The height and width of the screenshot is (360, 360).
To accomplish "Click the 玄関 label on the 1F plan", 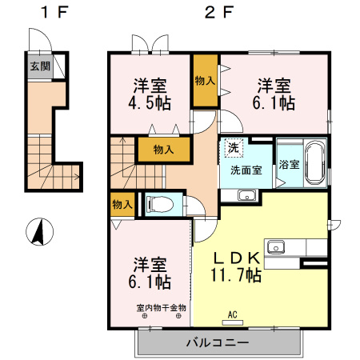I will pyautogui.click(x=38, y=67).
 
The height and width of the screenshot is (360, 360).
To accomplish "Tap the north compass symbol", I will pyautogui.click(x=37, y=233).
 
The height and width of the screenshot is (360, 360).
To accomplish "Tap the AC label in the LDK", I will pyautogui.click(x=234, y=314).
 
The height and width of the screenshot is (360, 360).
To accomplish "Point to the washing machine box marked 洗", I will pyautogui.click(x=234, y=147).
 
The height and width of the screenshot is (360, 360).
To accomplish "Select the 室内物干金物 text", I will pyautogui.click(x=161, y=307).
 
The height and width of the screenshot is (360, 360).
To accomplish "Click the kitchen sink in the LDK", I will pyautogui.click(x=277, y=246).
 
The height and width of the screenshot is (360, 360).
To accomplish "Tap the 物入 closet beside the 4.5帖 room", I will pyautogui.click(x=205, y=81).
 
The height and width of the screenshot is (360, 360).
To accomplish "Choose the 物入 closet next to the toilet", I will pyautogui.click(x=122, y=204).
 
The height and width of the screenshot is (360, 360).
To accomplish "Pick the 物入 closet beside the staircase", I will pyautogui.click(x=164, y=149).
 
